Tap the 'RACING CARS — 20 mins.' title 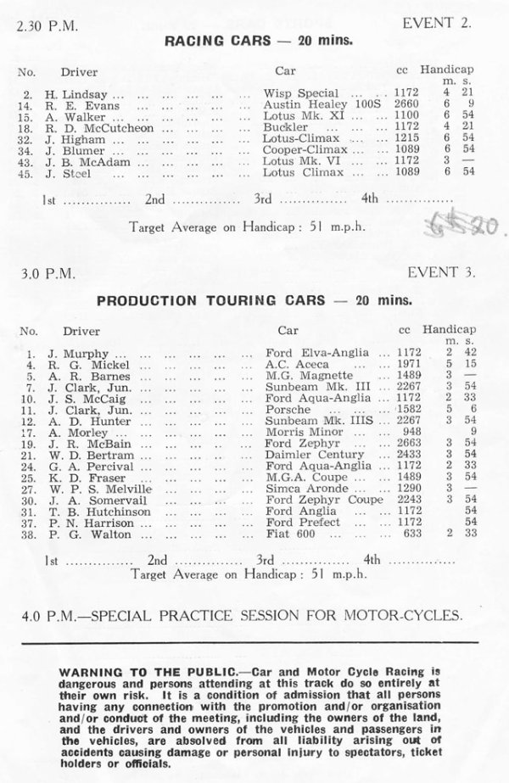(x=255, y=40)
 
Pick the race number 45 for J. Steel (x=28, y=172)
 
